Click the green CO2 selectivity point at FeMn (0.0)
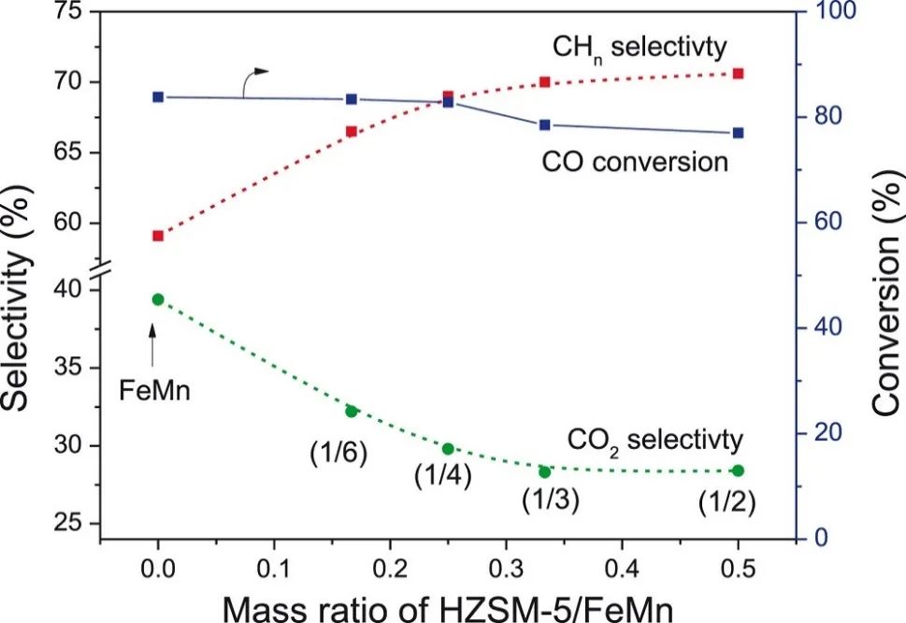click(158, 299)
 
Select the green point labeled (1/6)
click(352, 411)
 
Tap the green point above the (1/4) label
click(448, 448)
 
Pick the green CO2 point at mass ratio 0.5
click(738, 471)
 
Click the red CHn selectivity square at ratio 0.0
click(158, 236)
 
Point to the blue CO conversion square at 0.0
click(158, 96)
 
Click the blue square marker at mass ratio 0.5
click(738, 133)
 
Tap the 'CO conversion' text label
click(634, 162)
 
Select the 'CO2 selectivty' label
click(654, 438)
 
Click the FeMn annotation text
click(155, 389)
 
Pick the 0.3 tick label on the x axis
click(506, 567)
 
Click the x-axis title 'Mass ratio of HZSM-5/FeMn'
click(447, 603)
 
